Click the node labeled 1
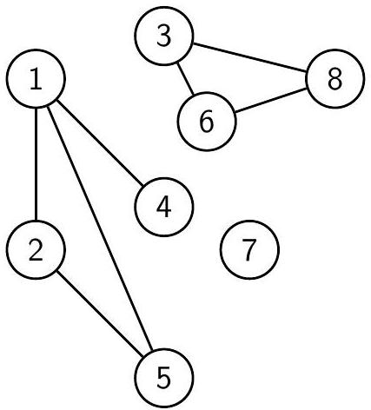pos(36,79)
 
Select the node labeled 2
pos(36,249)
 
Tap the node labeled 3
pos(163,36)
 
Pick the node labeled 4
pos(163,207)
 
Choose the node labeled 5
pos(163,378)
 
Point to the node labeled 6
pos(207,122)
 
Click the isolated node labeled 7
pos(249,249)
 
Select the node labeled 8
pos(335,79)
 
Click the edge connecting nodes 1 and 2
pos(36,164)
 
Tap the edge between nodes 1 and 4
pos(99,142)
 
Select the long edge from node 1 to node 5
pos(99,228)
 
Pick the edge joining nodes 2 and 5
pos(99,314)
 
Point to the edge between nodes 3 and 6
pos(185,79)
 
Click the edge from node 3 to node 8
pos(249,57)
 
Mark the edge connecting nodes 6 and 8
pos(271,100)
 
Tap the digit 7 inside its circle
pos(248,249)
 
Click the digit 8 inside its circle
pos(335,79)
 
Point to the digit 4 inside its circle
pos(163,207)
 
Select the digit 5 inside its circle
pos(163,378)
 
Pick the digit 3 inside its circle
pos(163,36)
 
